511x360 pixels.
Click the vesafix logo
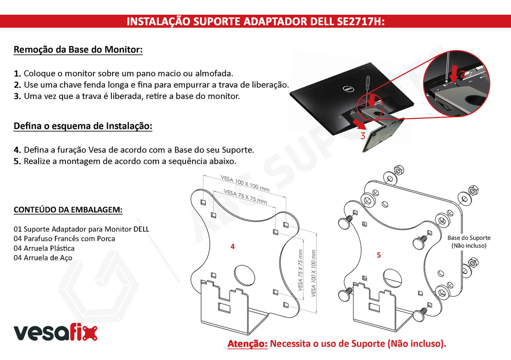click(56, 333)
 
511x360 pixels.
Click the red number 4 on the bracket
click(232, 246)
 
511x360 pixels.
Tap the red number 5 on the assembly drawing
click(379, 255)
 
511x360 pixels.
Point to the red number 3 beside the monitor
click(363, 136)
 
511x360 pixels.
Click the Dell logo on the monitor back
click(348, 89)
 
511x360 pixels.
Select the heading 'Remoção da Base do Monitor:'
click(78, 50)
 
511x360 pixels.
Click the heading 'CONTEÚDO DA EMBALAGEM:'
click(68, 209)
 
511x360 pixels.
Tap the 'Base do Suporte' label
click(469, 238)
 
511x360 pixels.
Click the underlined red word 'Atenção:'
click(248, 344)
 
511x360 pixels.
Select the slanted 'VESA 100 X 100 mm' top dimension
click(245, 183)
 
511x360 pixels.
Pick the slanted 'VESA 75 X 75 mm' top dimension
click(245, 196)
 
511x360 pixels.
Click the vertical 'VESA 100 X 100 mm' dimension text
click(314, 273)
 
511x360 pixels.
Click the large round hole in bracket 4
click(244, 275)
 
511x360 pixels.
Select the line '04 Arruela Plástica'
click(44, 248)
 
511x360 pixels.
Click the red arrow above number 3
click(359, 124)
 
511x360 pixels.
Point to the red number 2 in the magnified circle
click(463, 74)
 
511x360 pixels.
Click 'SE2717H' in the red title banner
click(361, 22)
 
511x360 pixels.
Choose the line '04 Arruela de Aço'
click(43, 258)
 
